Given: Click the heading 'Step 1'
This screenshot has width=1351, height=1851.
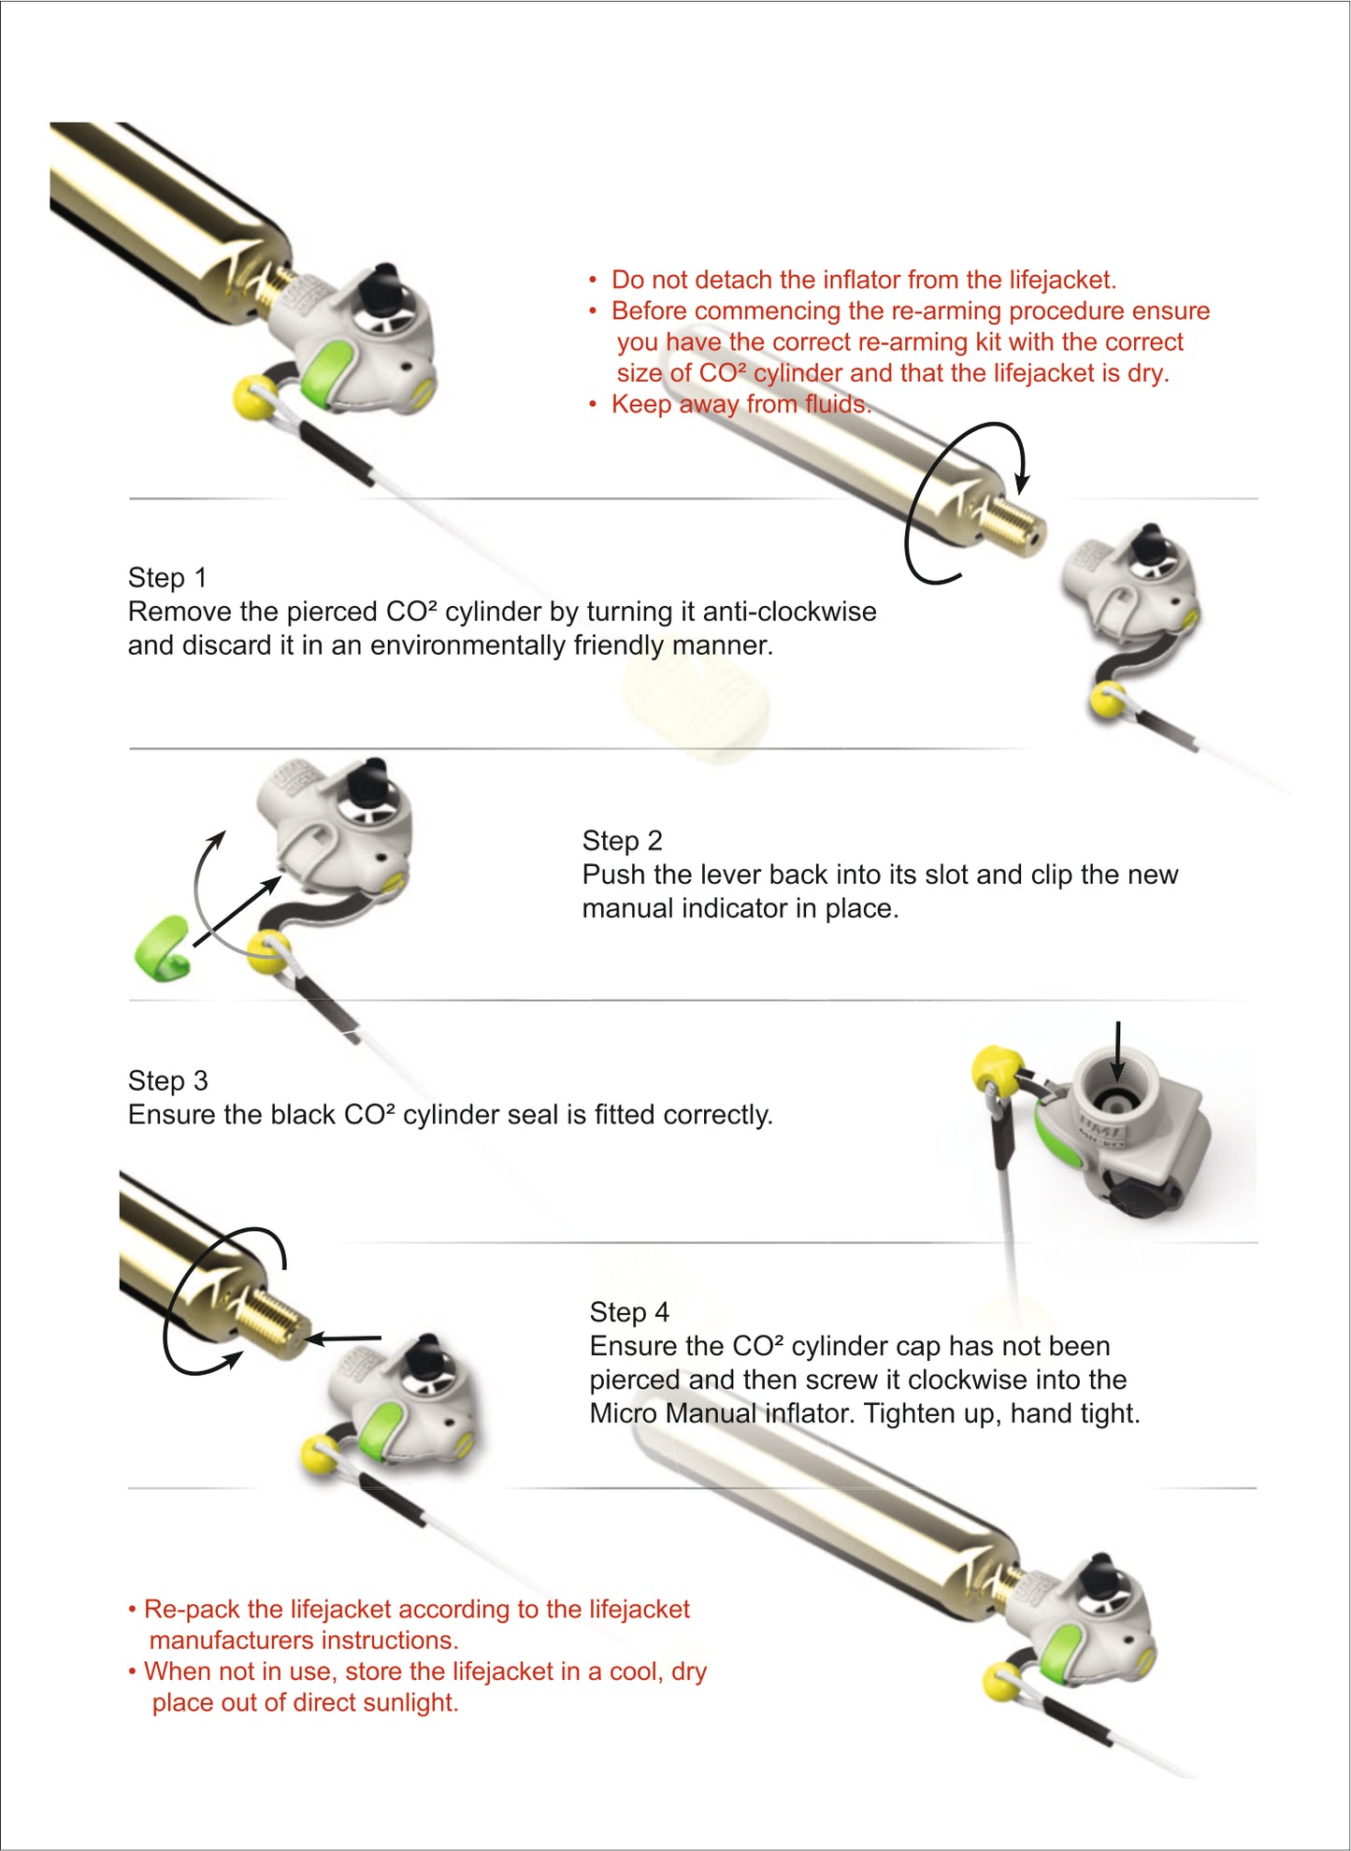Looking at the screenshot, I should [166, 578].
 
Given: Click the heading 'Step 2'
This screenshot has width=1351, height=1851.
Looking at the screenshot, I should [622, 841].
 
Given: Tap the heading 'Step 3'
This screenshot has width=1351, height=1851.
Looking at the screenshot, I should [167, 1081].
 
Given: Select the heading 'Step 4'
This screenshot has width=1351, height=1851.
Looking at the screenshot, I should [629, 1312].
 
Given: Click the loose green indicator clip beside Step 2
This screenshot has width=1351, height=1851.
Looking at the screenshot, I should [162, 949].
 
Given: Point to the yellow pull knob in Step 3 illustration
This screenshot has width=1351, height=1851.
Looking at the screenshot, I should [996, 1069].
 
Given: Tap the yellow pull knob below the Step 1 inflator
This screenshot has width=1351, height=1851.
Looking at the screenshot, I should [1107, 699].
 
